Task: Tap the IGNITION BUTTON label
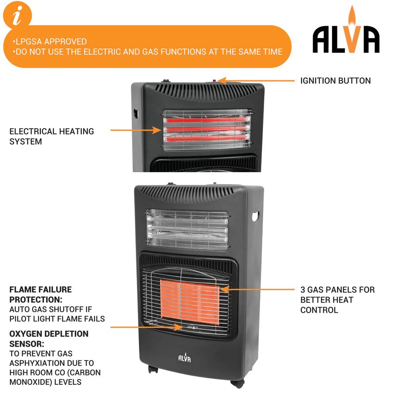click(335, 81)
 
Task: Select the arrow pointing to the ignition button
click(256, 81)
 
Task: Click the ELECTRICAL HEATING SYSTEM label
click(52, 136)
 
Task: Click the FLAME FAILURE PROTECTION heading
click(40, 295)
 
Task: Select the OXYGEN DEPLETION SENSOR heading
click(49, 338)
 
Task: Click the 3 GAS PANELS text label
click(337, 300)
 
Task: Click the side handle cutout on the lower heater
click(256, 216)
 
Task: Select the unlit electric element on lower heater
click(187, 229)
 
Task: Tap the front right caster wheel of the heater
click(238, 383)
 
